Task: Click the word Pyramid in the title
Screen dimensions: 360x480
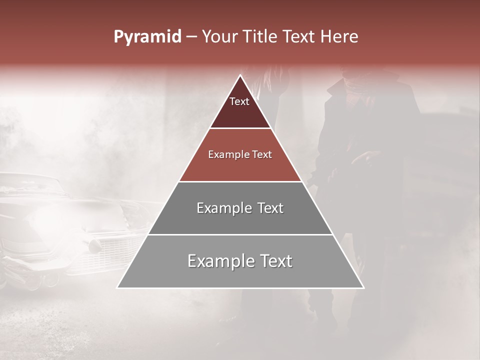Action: (147, 37)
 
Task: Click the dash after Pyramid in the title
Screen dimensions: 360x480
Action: (191, 37)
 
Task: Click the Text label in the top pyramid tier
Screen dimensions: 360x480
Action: (239, 102)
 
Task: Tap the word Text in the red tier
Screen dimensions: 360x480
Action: (262, 155)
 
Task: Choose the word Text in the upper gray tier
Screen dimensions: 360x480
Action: (270, 208)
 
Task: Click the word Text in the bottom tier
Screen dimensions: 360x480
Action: (275, 261)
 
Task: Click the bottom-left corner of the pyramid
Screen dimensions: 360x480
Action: (117, 287)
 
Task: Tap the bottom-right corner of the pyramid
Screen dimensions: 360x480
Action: (363, 287)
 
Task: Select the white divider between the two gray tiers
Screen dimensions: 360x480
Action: (240, 234)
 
